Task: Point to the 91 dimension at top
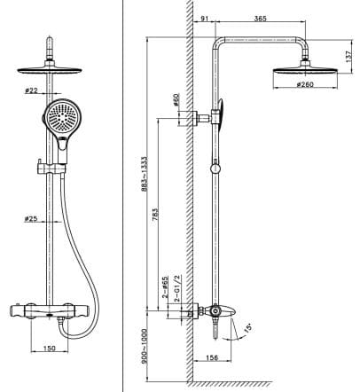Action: click(206, 17)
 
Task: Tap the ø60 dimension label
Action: click(177, 100)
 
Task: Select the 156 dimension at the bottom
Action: click(211, 357)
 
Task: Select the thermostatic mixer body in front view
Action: click(53, 310)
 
